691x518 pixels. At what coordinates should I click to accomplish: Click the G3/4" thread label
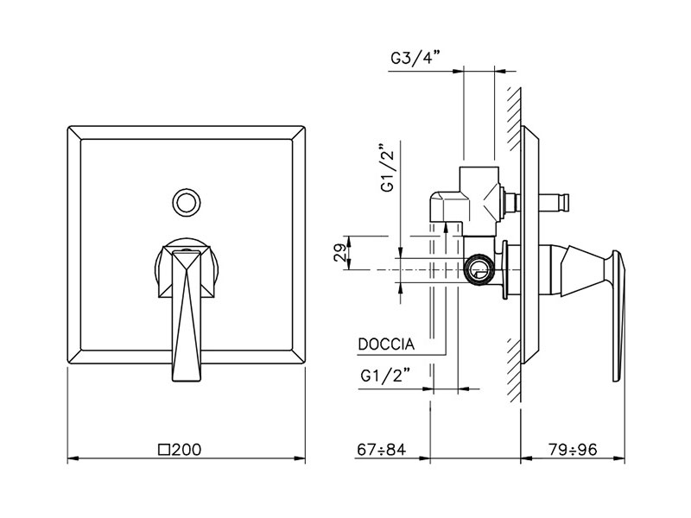pos(415,58)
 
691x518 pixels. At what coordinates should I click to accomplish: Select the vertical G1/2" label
pos(389,168)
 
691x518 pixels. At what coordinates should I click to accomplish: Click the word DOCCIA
pos(386,344)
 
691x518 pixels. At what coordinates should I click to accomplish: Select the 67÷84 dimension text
pos(381,449)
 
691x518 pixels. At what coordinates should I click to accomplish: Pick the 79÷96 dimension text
pos(573,449)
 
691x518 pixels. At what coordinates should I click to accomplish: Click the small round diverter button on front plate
pos(187,203)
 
